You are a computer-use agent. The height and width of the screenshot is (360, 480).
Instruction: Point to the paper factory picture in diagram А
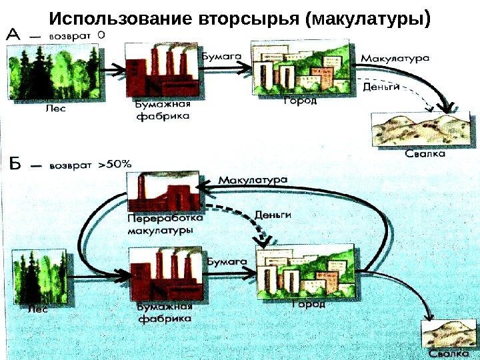pyautogui.click(x=159, y=71)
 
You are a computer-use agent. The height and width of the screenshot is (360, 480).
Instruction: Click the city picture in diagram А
pyautogui.click(x=301, y=67)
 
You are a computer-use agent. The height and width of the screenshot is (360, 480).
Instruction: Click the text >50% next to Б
pyautogui.click(x=115, y=163)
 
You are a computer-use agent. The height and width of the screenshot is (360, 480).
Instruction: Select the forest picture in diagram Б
pyautogui.click(x=41, y=276)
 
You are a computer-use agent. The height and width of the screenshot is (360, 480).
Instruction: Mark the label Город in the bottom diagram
pyautogui.click(x=309, y=304)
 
